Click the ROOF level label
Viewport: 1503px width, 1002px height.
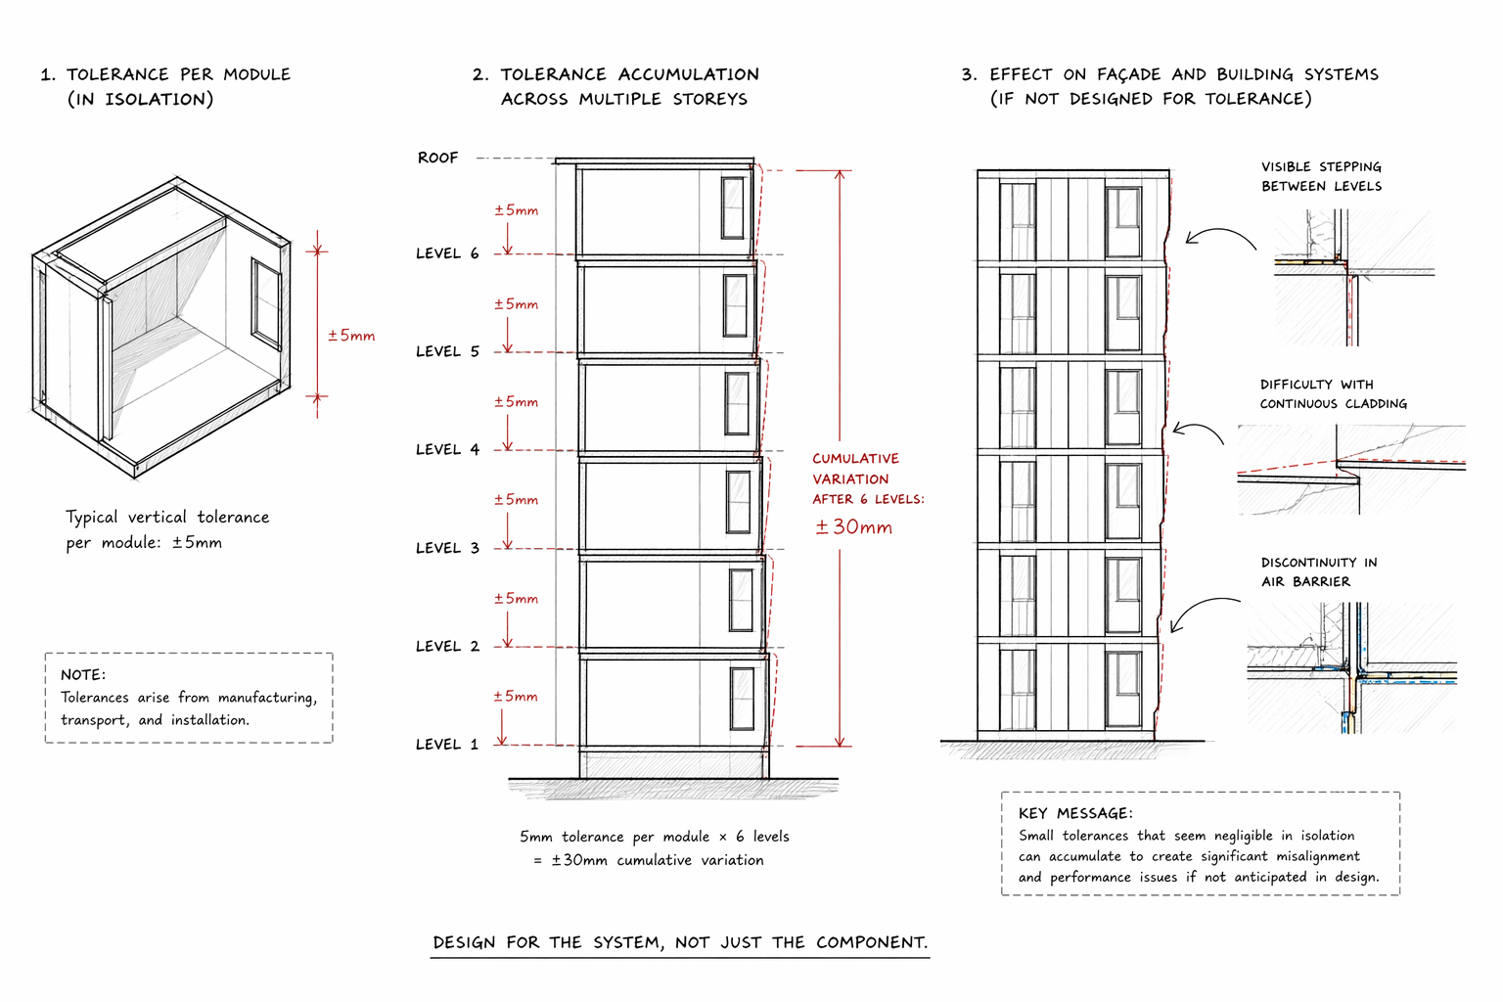437,158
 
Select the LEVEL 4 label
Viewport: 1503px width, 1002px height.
447,450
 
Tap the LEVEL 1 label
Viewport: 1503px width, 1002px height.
447,745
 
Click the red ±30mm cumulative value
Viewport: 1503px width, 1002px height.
853,527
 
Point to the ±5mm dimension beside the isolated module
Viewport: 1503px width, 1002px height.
351,336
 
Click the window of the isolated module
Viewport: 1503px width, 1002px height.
266,302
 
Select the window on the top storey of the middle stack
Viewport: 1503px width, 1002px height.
732,207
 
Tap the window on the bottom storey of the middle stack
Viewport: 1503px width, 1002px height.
743,698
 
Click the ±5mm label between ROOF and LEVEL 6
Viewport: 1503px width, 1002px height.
516,210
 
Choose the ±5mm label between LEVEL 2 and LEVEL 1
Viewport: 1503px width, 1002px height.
516,697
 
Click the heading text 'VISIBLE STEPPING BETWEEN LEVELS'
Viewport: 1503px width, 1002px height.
1321,176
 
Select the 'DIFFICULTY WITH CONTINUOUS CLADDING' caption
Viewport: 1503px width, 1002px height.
1333,394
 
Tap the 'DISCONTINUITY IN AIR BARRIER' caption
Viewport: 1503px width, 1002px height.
1318,571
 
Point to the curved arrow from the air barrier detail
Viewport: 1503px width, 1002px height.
1202,609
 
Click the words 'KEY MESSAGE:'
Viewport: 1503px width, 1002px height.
1075,813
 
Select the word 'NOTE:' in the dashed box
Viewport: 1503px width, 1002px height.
83,675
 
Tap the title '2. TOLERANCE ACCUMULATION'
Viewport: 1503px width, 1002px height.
629,74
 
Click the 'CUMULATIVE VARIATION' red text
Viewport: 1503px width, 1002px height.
855,469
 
